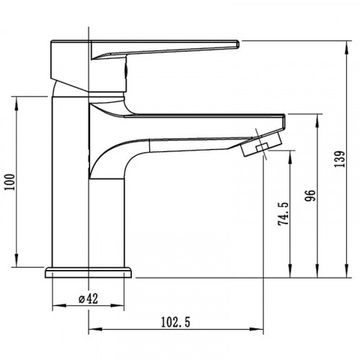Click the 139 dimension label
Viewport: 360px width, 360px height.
point(340,159)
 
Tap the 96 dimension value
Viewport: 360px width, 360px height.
point(310,196)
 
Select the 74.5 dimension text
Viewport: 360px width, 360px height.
point(283,214)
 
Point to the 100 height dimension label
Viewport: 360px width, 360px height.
point(10,182)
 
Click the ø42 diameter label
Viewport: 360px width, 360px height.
point(89,299)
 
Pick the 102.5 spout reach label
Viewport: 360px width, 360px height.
point(176,323)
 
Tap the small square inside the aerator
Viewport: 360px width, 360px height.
point(262,147)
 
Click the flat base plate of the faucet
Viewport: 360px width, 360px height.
point(89,272)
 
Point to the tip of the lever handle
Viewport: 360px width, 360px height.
point(238,45)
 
